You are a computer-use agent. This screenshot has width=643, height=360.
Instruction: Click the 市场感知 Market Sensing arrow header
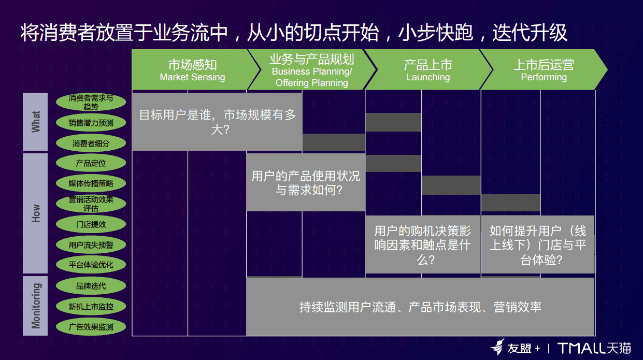point(193,69)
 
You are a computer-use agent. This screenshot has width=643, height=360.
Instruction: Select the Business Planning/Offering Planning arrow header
point(312,69)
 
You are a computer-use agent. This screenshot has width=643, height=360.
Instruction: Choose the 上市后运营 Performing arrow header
point(544,69)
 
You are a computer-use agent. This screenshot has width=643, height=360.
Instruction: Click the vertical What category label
point(35,121)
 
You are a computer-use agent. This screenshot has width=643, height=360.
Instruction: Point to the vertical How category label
point(35,213)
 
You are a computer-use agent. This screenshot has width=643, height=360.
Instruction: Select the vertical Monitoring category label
point(35,306)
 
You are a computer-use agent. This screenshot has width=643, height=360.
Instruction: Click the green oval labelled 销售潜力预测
point(91,123)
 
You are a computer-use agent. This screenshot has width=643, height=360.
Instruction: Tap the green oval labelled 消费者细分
point(91,143)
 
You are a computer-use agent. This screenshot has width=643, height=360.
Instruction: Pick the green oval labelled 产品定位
point(91,163)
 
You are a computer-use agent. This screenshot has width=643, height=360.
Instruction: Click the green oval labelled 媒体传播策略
point(91,183)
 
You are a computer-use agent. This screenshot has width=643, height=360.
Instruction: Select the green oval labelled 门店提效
point(91,224)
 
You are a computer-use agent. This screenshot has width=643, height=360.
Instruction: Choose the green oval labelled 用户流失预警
point(91,244)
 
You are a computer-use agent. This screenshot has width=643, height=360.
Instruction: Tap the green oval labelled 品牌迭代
point(91,285)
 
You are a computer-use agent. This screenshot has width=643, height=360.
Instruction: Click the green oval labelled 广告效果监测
point(91,327)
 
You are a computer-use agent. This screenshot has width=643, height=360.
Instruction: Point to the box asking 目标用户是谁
point(217,122)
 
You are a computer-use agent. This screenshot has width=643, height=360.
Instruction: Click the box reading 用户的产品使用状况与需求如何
point(306,182)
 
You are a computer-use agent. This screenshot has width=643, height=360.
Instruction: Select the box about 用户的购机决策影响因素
point(423,244)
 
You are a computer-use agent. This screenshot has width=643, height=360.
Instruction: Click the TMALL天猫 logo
point(594,348)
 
